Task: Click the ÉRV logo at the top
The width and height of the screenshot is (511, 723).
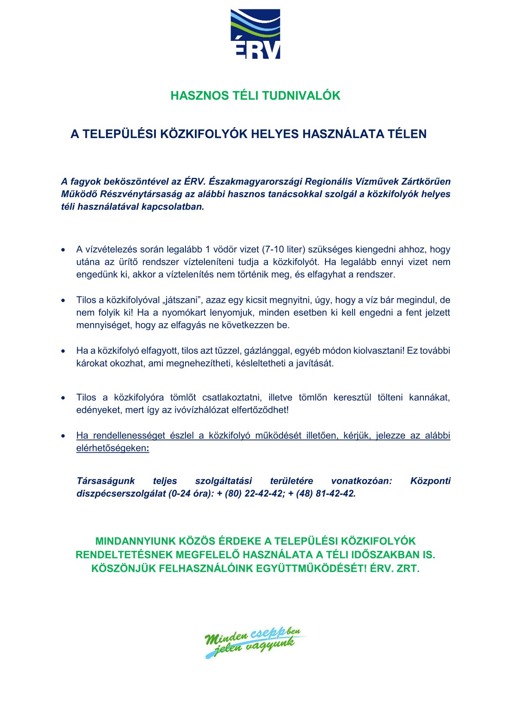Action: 255,34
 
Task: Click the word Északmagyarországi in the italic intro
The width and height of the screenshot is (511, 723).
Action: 255,181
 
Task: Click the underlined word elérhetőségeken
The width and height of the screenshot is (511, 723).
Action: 113,448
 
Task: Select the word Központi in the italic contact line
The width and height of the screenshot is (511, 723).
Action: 430,481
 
